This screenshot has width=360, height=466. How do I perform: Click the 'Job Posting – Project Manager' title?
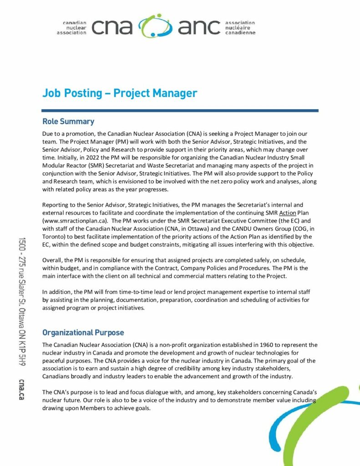click(x=120, y=93)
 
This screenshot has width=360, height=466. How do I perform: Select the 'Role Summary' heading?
click(x=68, y=122)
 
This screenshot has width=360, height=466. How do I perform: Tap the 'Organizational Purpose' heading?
click(x=83, y=333)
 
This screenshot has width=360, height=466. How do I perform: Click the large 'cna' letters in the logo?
click(x=112, y=27)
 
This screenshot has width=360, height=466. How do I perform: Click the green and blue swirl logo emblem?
click(x=155, y=26)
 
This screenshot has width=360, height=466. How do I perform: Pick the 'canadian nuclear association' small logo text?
click(x=73, y=28)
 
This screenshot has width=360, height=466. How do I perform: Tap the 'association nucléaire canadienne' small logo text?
click(x=240, y=27)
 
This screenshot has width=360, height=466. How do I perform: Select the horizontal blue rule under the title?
click(x=180, y=110)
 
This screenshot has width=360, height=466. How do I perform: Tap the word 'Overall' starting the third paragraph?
click(x=53, y=260)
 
